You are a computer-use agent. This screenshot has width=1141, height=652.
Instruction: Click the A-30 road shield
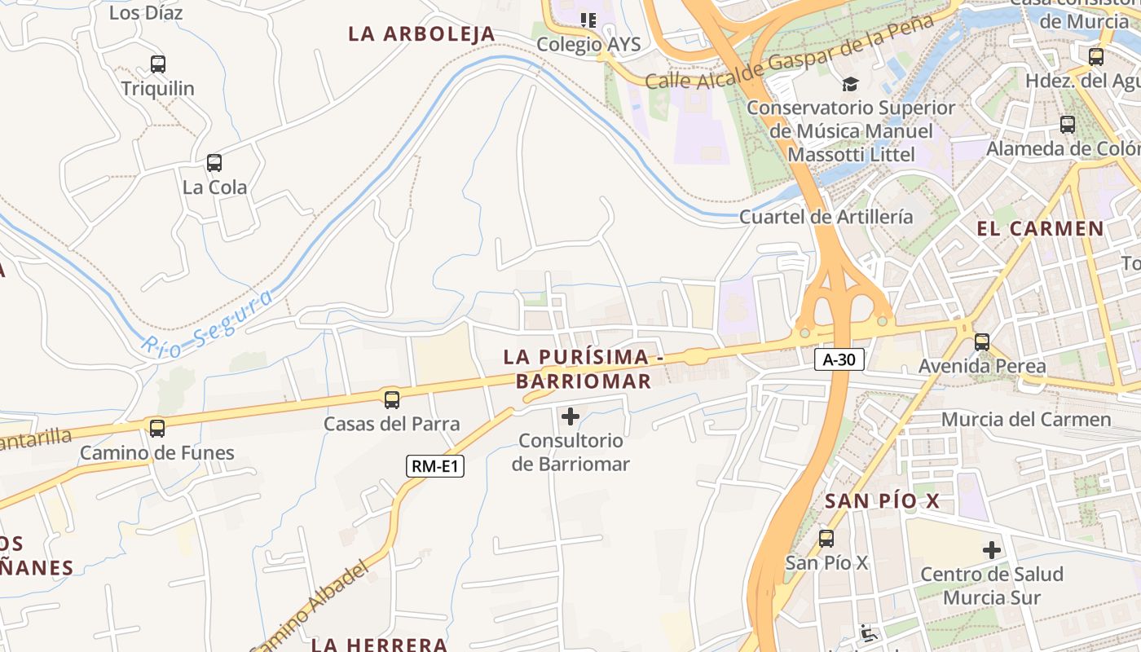point(839,359)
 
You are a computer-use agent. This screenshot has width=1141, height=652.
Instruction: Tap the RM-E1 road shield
point(435,466)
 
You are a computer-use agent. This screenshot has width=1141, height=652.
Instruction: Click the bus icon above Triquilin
point(158,64)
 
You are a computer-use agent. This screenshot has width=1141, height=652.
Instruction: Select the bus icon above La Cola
point(214,163)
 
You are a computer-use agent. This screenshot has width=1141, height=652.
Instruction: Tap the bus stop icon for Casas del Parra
point(392,399)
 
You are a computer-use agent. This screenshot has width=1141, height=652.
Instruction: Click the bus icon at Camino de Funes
point(157,428)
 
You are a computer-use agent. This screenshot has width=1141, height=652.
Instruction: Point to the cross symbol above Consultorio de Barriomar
point(570,416)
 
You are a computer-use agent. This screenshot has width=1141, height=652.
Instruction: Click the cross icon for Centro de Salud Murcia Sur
point(992,550)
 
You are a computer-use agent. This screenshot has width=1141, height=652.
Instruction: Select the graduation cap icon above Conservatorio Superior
point(850,84)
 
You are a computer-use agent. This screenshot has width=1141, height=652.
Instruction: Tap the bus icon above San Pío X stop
point(826,538)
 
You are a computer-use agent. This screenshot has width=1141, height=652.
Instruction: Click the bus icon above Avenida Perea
point(982,342)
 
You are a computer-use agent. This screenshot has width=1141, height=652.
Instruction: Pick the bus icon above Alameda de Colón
point(1068,125)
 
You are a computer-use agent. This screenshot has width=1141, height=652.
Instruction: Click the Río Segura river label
point(207,324)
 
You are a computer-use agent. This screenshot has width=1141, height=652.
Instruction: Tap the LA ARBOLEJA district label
point(421,34)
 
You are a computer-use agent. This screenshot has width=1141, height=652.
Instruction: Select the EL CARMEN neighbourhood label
point(1040,229)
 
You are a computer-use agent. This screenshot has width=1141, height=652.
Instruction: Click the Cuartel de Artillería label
point(826,217)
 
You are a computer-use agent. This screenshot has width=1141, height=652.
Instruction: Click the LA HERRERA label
point(380,644)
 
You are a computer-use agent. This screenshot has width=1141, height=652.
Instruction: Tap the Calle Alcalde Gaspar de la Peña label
point(788,53)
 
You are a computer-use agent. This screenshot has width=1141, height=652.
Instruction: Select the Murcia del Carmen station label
point(1026,420)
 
